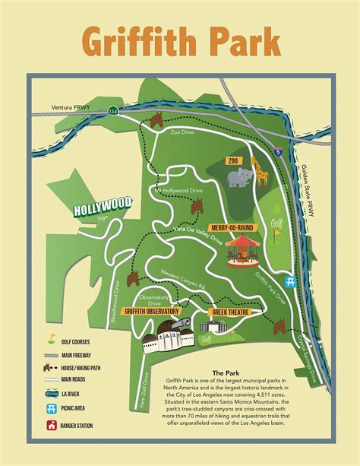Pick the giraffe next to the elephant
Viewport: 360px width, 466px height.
click(261, 172)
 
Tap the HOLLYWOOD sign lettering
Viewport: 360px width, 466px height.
click(103, 205)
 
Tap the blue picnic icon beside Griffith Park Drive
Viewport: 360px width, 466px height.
click(290, 280)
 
